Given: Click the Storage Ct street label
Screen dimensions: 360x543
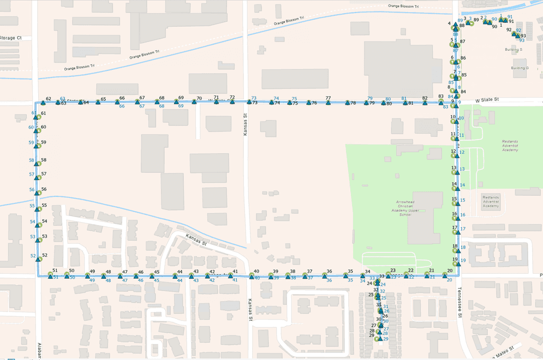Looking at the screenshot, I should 10,38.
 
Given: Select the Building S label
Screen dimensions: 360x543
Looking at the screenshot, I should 513,50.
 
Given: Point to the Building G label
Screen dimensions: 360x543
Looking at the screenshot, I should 520,68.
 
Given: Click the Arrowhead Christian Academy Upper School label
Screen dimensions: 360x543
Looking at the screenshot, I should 413,208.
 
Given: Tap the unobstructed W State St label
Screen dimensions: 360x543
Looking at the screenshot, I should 487,100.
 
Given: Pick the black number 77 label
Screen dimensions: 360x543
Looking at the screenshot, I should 328,98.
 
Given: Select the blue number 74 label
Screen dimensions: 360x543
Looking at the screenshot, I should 276,98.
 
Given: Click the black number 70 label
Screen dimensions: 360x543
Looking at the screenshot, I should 199,98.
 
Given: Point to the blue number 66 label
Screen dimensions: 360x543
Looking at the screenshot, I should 122,106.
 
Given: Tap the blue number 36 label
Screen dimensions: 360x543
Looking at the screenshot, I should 329,280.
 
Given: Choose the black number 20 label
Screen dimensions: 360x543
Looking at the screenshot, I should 450,271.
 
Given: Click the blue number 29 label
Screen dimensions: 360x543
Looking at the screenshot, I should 385,339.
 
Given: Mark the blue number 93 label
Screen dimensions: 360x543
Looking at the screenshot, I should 522,40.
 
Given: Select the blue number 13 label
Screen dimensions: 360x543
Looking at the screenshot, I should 462,169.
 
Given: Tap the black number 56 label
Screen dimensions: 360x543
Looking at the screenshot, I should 44,189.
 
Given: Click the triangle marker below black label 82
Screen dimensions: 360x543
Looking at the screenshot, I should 425,103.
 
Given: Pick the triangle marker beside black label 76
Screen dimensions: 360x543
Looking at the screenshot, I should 308,103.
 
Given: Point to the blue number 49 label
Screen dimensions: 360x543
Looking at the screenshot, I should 92,280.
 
